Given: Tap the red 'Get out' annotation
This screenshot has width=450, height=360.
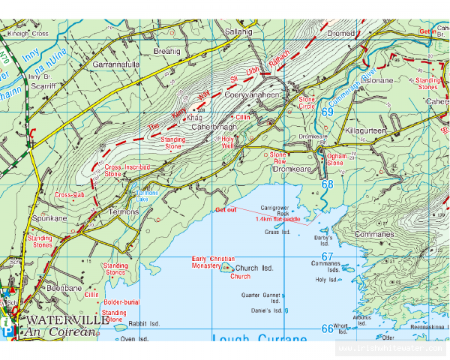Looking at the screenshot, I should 226,210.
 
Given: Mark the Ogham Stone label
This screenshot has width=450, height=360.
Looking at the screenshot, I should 334,160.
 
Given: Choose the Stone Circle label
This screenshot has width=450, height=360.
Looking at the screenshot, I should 307,102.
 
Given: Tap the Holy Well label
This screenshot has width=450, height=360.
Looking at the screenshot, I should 228,141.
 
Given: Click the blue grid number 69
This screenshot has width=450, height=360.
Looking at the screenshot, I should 327,112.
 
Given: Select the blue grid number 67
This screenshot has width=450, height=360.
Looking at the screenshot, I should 327,256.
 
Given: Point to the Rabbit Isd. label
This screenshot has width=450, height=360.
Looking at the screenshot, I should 144,324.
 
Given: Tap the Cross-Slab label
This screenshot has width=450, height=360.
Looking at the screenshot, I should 69,195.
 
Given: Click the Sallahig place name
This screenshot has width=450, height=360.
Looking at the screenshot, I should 240,32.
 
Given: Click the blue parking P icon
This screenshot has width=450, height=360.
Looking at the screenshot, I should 7,331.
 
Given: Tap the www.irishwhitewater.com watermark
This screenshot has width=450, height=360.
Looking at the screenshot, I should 390,349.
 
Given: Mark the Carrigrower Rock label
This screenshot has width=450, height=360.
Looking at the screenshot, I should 274,209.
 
